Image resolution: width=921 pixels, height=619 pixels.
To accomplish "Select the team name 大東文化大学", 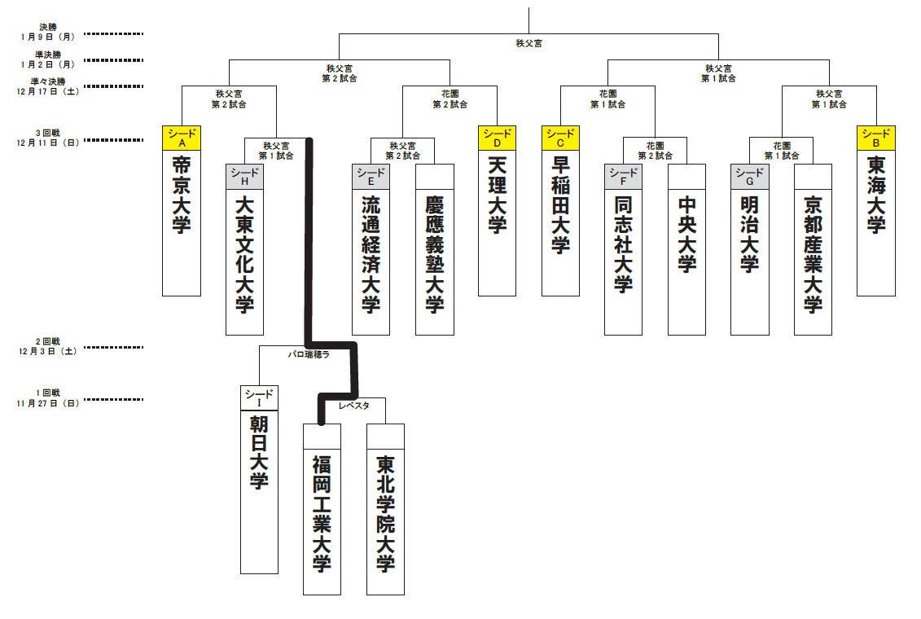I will (x=244, y=252).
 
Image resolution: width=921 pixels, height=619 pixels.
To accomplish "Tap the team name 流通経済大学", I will (x=371, y=252).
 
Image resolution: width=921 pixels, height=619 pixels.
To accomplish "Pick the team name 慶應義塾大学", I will (x=435, y=252).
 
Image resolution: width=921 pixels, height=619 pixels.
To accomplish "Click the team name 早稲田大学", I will (x=560, y=204).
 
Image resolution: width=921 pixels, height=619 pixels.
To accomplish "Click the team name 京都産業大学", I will (x=813, y=252).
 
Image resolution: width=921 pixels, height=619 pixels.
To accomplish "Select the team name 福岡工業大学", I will (x=322, y=513).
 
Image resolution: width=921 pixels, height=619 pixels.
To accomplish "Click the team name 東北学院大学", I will (x=386, y=513).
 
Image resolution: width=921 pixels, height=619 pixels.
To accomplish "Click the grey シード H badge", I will (x=244, y=177).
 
